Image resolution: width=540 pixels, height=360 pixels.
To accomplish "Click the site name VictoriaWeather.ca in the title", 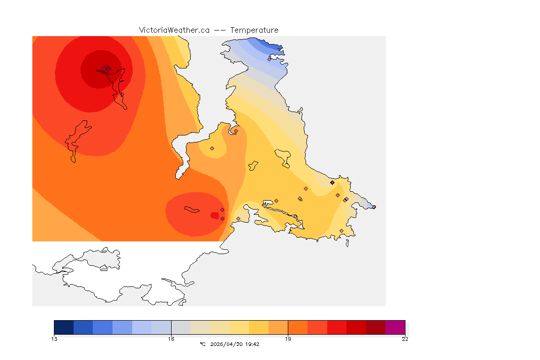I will tap(174, 30).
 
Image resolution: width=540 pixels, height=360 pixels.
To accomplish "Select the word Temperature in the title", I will tap(255, 30).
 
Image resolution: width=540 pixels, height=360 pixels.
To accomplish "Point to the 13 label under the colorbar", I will tap(54, 339).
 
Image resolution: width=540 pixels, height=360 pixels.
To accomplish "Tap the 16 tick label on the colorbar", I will tap(171, 339).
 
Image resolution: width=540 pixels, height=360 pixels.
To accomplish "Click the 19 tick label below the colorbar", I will tap(288, 339).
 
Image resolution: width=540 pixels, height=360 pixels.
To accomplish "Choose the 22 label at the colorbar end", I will tap(405, 339).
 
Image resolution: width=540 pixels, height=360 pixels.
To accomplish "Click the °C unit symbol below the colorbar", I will tap(202, 344).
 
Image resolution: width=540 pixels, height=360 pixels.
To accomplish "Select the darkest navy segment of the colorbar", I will tap(64, 327).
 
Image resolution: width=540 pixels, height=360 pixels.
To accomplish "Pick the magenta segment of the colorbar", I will tap(395, 327).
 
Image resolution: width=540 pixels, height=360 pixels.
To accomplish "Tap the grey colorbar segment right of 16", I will tap(181, 327).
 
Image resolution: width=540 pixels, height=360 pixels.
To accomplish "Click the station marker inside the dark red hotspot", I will tap(108, 68).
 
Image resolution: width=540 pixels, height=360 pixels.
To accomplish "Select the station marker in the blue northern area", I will tap(269, 59).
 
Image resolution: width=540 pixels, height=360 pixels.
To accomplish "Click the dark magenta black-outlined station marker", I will tap(332, 182).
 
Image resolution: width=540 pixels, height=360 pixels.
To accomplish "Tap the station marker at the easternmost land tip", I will tap(374, 207).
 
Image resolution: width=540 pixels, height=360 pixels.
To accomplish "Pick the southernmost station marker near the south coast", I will tap(341, 231).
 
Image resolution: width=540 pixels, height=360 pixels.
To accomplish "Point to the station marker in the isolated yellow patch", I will tap(212, 148).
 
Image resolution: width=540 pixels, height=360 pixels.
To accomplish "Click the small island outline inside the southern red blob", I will tap(191, 209).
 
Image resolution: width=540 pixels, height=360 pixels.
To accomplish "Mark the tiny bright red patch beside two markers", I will tap(214, 216).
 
